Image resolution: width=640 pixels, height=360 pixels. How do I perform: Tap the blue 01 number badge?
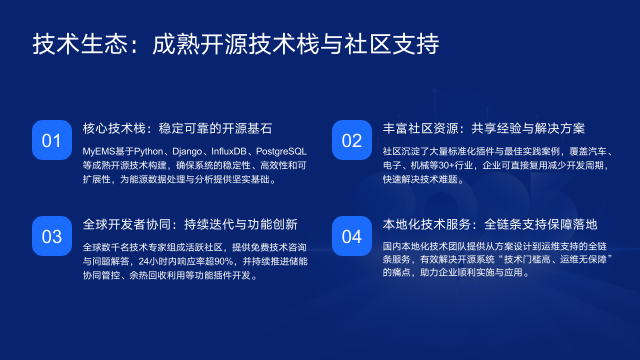pos(52,140)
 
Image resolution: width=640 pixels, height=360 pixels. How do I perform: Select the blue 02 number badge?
pos(351,140)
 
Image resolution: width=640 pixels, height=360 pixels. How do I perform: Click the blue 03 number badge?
pos(52,237)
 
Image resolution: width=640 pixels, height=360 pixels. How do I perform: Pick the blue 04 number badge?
pos(351,237)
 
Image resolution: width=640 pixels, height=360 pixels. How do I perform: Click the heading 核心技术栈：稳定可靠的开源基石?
pos(178,129)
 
